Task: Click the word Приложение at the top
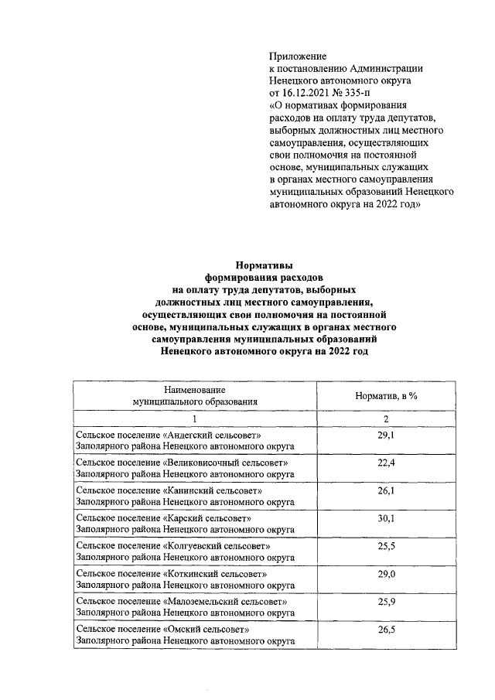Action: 298,56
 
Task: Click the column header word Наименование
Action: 194,391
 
